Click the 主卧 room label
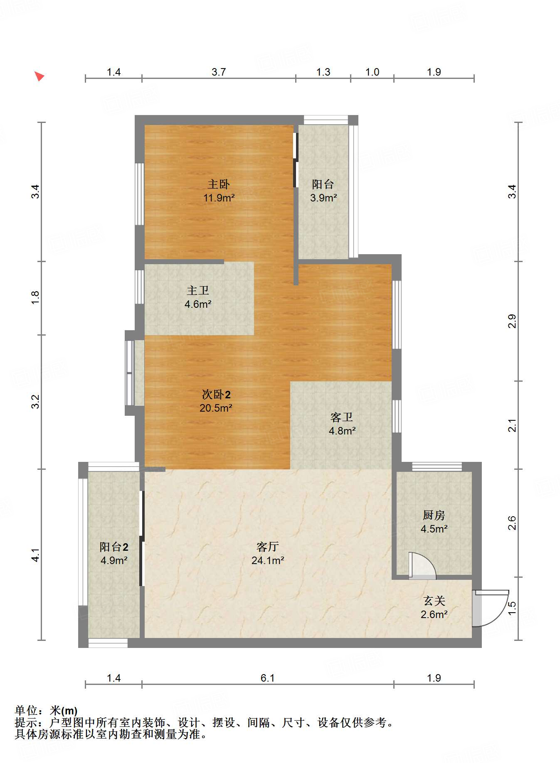click(x=219, y=184)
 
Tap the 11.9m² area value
click(x=219, y=198)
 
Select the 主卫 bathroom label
click(x=198, y=290)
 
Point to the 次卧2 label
click(x=216, y=394)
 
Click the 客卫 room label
click(x=342, y=417)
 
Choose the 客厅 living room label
click(x=268, y=547)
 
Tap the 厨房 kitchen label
click(x=434, y=515)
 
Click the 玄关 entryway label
click(x=434, y=601)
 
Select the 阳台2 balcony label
click(x=114, y=547)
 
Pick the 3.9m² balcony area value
click(x=323, y=198)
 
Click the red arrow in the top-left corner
click(x=39, y=76)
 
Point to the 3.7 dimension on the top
click(x=219, y=72)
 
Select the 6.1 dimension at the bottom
click(x=268, y=678)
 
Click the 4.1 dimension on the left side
click(x=35, y=555)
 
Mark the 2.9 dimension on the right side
click(x=512, y=321)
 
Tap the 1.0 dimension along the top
click(x=373, y=72)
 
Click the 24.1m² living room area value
click(x=268, y=560)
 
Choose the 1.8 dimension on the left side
click(x=35, y=297)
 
